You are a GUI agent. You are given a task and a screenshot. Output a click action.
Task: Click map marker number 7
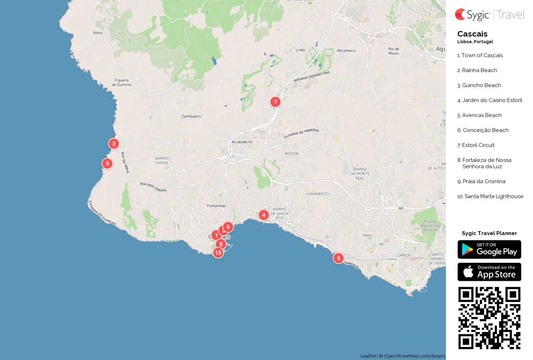[275, 102]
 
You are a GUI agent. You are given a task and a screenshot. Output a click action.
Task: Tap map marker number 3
[114, 143]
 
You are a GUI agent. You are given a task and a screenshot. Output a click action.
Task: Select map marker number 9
[107, 163]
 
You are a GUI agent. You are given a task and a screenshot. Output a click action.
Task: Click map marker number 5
[338, 258]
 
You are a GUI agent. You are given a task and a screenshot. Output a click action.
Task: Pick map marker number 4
[264, 215]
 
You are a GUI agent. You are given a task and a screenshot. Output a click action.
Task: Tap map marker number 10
[218, 253]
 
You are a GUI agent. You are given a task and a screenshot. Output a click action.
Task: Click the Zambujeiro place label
[191, 116]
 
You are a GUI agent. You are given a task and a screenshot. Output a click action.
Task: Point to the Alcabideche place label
[242, 142]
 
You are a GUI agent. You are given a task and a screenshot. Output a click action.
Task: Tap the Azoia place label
[98, 33]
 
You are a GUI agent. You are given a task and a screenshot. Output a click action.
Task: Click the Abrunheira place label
[346, 50]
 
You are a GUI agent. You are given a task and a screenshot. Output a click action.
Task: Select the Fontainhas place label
[216, 206]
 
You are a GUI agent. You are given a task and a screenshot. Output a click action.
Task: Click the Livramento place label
[317, 194]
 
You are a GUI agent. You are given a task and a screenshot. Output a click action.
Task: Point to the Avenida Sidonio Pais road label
[311, 77]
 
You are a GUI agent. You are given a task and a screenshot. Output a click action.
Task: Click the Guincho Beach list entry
[481, 85]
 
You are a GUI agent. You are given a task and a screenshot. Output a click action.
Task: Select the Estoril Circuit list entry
[478, 145]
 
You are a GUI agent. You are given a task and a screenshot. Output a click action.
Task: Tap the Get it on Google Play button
[489, 249]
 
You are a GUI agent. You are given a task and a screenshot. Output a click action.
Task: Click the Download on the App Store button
[489, 272]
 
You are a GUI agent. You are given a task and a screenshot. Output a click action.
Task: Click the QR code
[489, 318]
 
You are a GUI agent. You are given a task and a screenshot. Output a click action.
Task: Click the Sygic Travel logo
[489, 15]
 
